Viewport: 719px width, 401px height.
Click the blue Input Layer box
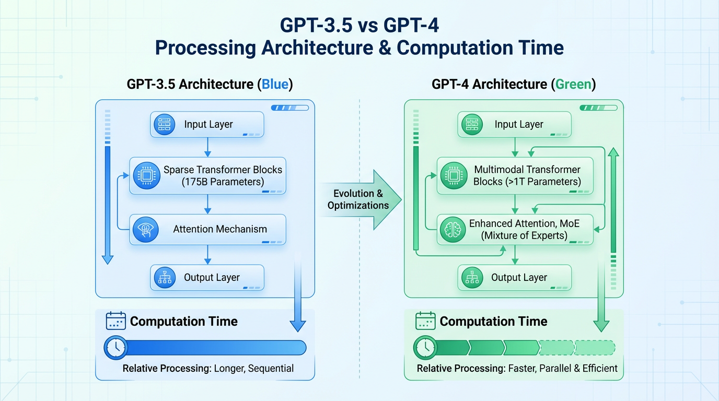pos(207,125)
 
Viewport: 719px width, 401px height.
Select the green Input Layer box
pos(514,125)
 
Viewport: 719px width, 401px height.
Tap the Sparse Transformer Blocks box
pos(208,175)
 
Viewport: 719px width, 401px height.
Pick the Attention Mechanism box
pos(208,229)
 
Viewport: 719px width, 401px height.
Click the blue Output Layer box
pos(207,278)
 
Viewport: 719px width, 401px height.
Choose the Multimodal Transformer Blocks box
pos(515,175)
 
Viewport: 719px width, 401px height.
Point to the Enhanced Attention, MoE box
pos(515,229)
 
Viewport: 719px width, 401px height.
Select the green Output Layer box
pos(514,278)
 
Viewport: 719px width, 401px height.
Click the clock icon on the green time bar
pos(425,347)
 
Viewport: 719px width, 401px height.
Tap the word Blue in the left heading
pos(275,84)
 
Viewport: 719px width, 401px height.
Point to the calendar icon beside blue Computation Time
pos(115,321)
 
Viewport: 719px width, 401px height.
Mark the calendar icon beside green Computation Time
pos(425,321)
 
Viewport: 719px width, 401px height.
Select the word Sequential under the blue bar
pos(271,369)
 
